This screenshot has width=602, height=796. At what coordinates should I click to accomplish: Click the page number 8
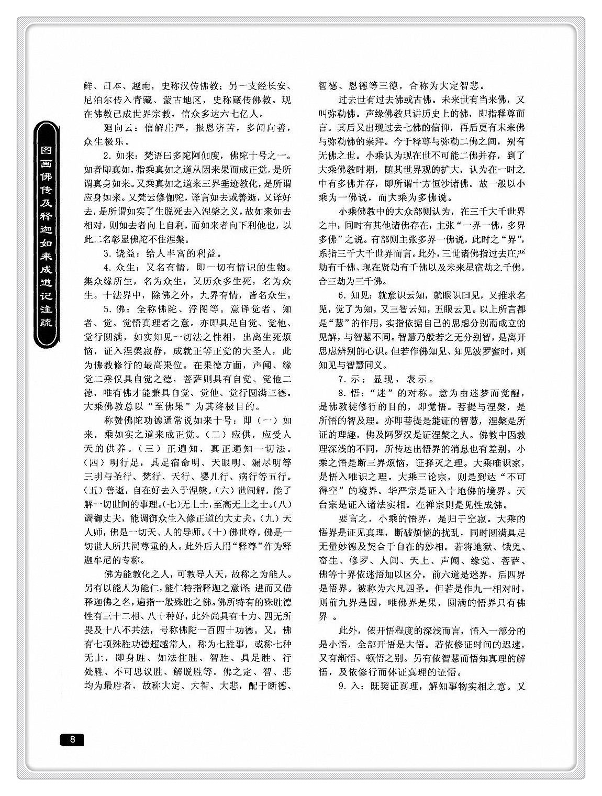pyautogui.click(x=72, y=739)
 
